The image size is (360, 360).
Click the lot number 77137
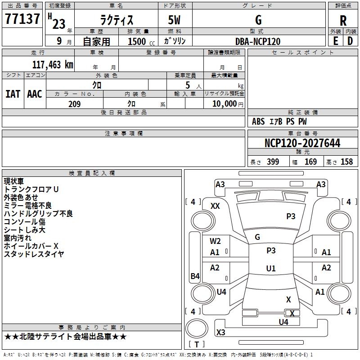coord(22,18)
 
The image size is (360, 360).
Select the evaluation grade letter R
coord(343,21)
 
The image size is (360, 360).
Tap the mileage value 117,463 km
coord(53,64)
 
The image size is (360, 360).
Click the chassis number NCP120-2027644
coord(302,143)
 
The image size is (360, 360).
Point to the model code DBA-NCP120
coord(258,41)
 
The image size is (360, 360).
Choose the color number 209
coord(74,104)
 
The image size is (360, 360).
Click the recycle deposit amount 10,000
coord(224,103)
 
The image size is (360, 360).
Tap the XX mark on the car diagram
coord(215,206)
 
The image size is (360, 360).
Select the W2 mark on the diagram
coord(215,241)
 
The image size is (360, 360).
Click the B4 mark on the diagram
coord(195,276)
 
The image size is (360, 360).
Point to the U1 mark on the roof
coord(271,268)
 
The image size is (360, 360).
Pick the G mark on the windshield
coord(257,237)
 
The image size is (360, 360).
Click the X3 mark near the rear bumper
coord(221,332)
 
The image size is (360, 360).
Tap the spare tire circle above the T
coord(197,328)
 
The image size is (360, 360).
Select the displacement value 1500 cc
coord(141,41)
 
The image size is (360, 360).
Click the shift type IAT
coord(13,94)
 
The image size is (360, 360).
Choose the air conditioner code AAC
coord(35,94)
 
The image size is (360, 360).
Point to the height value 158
coord(346,162)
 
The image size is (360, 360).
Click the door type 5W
coord(174,20)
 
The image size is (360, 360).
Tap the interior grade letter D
coord(350,41)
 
